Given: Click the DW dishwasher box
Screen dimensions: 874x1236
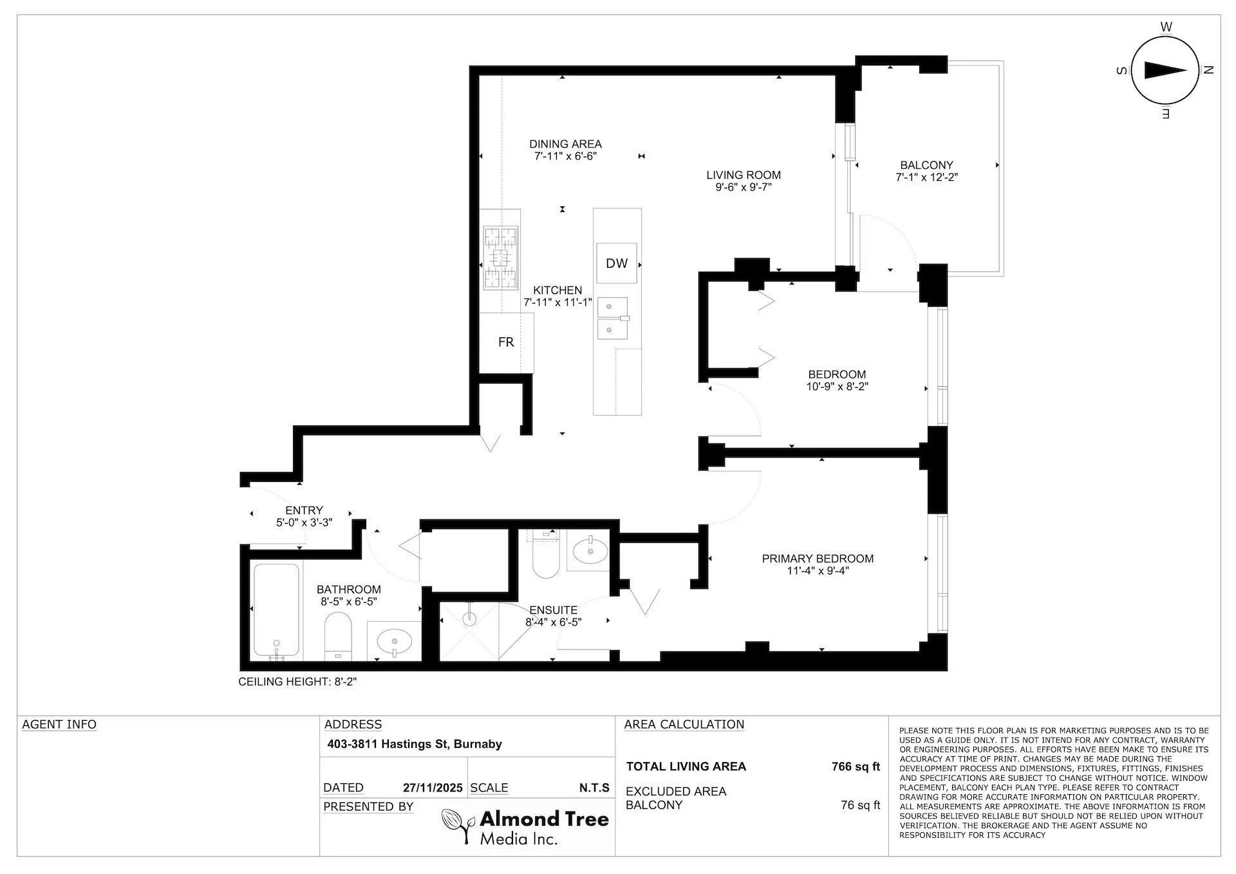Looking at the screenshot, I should (617, 263).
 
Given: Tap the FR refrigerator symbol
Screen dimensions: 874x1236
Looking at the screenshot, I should (506, 342).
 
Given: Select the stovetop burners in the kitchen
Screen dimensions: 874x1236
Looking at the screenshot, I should (500, 258).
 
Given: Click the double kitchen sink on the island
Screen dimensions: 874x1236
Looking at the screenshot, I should (612, 318).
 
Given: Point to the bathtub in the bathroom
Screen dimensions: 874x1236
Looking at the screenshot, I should (276, 609).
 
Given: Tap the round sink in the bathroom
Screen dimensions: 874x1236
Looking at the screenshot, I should (394, 641).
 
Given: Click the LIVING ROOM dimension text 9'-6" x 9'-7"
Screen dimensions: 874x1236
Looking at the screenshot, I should (743, 187).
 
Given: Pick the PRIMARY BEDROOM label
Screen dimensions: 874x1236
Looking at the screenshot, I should (818, 559).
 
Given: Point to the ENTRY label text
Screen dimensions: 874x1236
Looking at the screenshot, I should (304, 510).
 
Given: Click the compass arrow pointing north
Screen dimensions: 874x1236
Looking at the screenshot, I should (1166, 71).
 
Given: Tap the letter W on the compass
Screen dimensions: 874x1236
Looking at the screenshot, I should (1166, 27).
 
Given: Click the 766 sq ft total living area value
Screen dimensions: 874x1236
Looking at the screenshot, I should (856, 767).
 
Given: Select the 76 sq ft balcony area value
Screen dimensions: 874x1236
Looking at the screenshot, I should (860, 805).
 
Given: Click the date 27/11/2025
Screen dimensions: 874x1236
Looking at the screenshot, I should (433, 788).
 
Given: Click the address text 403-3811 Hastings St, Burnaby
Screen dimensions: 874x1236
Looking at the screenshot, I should (415, 744).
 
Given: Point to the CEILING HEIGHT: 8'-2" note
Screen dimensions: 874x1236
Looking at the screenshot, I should (297, 682).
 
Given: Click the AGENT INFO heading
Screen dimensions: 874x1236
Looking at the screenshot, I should (59, 725).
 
